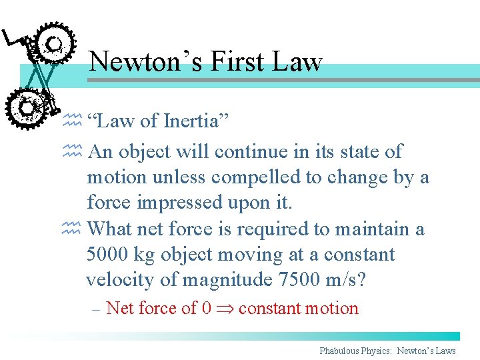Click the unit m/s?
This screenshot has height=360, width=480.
(346, 280)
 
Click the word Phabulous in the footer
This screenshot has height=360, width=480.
(341, 351)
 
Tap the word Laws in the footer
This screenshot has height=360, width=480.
(445, 351)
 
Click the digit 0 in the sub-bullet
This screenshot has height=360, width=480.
(206, 309)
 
